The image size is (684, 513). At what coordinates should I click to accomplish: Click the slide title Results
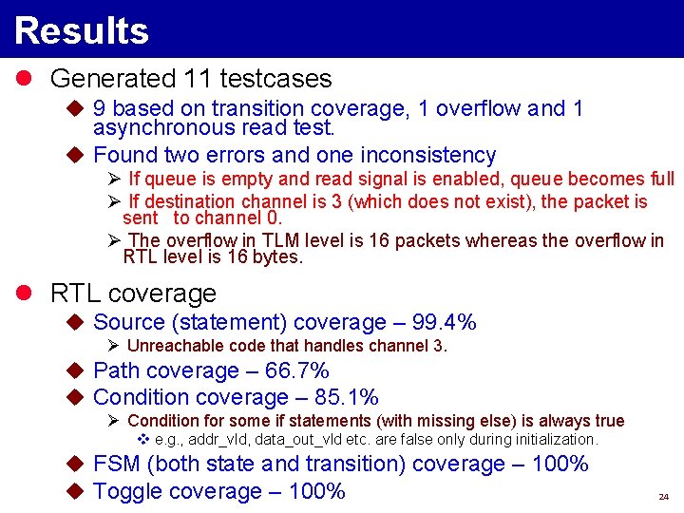tap(82, 30)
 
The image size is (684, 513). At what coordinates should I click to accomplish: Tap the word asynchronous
tap(161, 127)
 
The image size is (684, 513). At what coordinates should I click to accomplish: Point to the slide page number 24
tap(663, 497)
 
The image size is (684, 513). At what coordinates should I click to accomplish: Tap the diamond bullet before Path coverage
tap(77, 370)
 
